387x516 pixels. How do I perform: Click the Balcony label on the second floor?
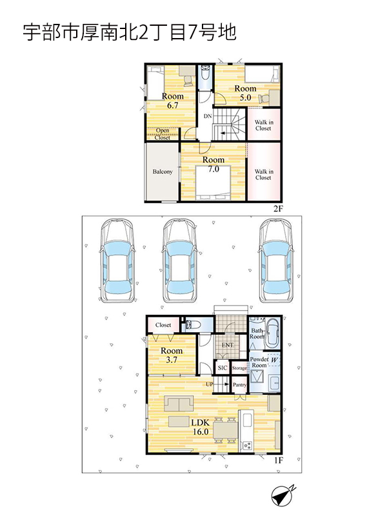(163, 172)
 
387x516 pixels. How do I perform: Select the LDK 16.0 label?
(200, 427)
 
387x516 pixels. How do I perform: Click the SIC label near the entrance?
(222, 368)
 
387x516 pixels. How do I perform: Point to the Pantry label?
(239, 384)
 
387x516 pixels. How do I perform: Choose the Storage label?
(239, 368)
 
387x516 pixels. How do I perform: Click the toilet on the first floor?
(192, 324)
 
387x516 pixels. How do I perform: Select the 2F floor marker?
(278, 208)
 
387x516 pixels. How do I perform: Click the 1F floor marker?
(279, 460)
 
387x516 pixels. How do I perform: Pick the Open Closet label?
(163, 134)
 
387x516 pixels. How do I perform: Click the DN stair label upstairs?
(207, 116)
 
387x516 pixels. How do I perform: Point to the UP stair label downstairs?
(210, 384)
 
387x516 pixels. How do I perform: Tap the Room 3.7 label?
(172, 355)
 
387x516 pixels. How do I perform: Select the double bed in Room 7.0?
(213, 183)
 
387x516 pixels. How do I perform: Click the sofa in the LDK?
(179, 404)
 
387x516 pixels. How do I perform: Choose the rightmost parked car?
(276, 261)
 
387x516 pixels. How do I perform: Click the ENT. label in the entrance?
(228, 345)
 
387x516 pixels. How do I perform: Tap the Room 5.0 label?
(245, 93)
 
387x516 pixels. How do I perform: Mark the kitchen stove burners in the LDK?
(247, 446)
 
